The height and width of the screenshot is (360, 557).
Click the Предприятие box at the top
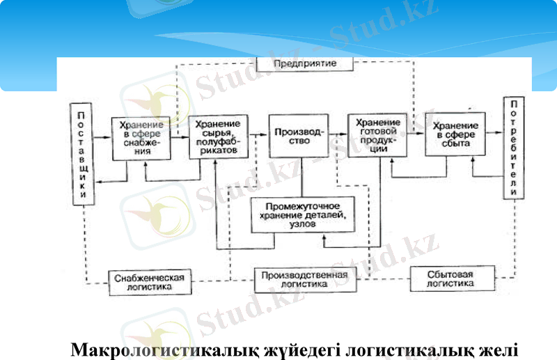[305, 63]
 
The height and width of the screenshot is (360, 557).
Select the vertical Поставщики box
[82, 154]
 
